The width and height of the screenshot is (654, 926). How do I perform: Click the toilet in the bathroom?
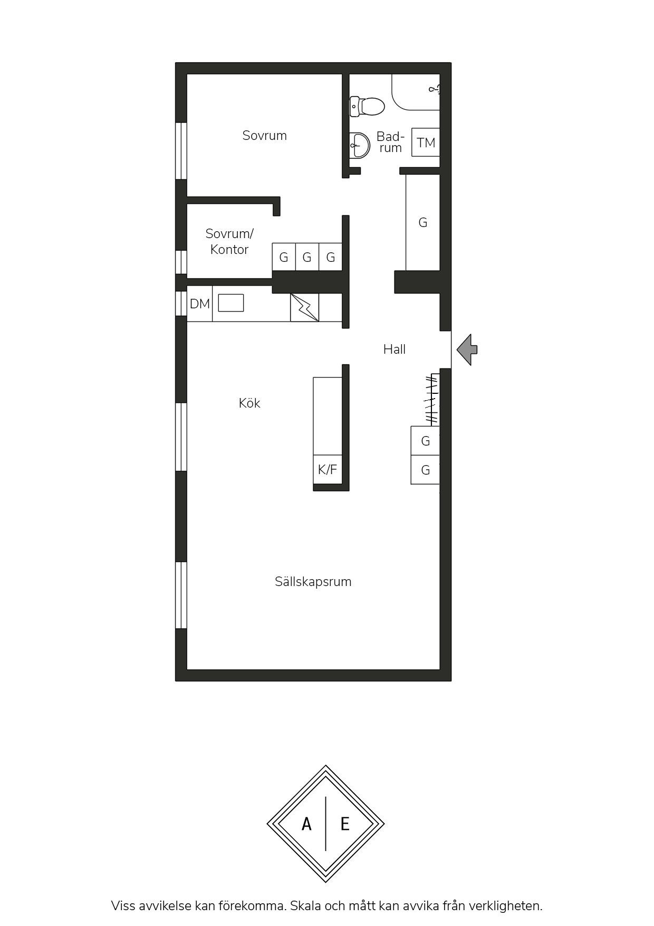click(x=367, y=106)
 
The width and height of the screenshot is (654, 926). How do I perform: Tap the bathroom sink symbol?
click(x=360, y=145)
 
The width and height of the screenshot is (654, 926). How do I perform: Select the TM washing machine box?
click(x=426, y=142)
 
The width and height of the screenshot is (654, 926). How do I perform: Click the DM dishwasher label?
click(x=200, y=304)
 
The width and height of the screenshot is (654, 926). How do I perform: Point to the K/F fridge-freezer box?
click(x=328, y=469)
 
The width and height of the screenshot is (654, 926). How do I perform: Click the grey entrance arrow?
click(x=467, y=349)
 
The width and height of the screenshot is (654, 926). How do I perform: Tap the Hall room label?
click(x=395, y=349)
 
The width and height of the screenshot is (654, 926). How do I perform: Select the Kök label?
click(x=249, y=403)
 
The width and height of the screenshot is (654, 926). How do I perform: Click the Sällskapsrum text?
click(x=313, y=581)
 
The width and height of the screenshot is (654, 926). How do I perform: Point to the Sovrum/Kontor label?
click(x=229, y=241)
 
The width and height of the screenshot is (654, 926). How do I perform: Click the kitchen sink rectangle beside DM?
click(x=231, y=303)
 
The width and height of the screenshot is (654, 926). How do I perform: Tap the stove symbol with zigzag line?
click(x=305, y=307)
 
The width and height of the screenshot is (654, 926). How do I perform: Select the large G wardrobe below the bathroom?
click(x=423, y=222)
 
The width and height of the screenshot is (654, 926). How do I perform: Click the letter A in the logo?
click(x=306, y=824)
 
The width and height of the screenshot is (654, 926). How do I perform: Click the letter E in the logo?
click(x=345, y=824)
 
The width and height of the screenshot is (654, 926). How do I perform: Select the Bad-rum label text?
click(x=390, y=142)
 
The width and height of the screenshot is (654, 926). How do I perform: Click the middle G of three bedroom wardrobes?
click(x=307, y=257)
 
